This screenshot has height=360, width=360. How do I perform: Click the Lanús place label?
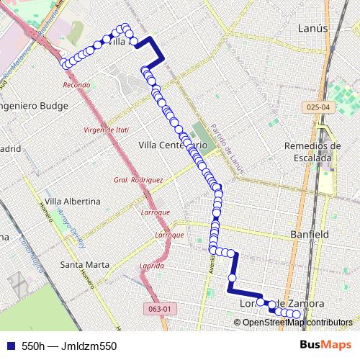click(312, 28)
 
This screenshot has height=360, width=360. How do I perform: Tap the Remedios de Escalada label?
click(312, 151)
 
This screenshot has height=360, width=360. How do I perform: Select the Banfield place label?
click(309, 235)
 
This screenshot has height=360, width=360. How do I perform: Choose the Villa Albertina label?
click(71, 200)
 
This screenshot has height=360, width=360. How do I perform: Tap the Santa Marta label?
click(85, 264)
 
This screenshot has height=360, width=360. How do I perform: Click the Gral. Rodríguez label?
click(138, 179)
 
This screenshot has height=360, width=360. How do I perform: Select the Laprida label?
click(152, 266)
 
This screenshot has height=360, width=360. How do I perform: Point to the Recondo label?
click(76, 85)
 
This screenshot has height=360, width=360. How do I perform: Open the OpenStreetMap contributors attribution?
click(297, 323)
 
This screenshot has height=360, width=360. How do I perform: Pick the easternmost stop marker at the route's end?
click(296, 314)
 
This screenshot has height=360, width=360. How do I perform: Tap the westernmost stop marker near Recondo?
click(66, 64)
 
